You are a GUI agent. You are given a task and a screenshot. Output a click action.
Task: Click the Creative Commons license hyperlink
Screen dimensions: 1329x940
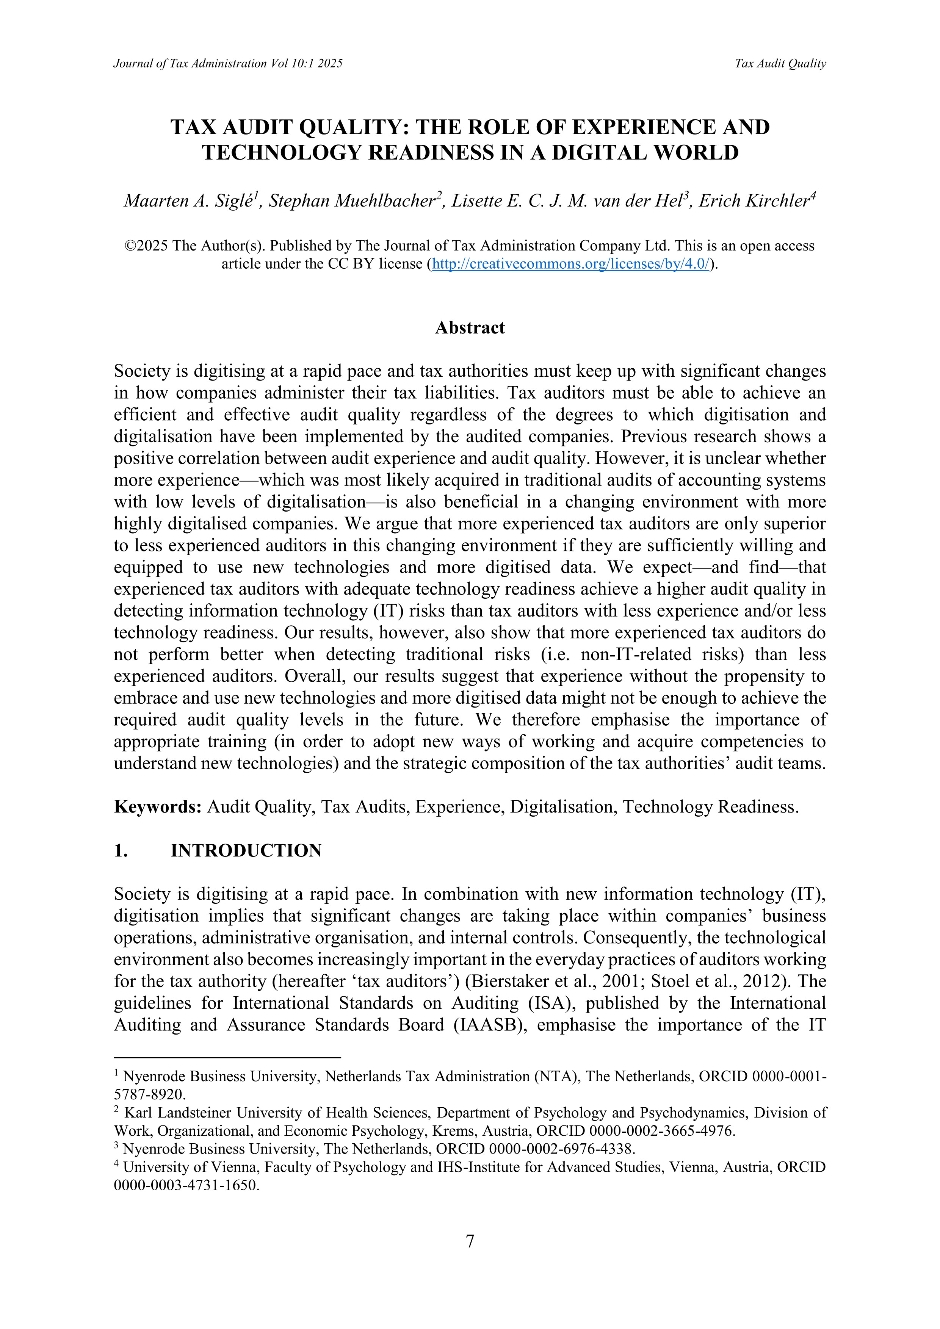click(x=571, y=264)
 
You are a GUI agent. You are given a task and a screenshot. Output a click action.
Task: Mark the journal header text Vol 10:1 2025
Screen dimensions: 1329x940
click(x=306, y=64)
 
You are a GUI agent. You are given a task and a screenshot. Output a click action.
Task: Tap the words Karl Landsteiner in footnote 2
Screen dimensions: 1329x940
click(x=177, y=1113)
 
